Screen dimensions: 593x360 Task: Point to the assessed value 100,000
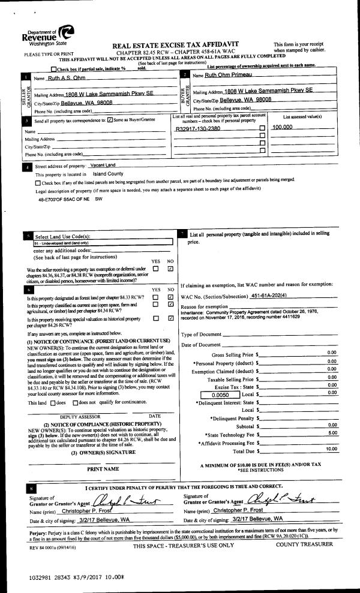(283, 128)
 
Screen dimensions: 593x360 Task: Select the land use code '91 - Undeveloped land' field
(102, 243)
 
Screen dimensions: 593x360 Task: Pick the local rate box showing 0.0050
(221, 393)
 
